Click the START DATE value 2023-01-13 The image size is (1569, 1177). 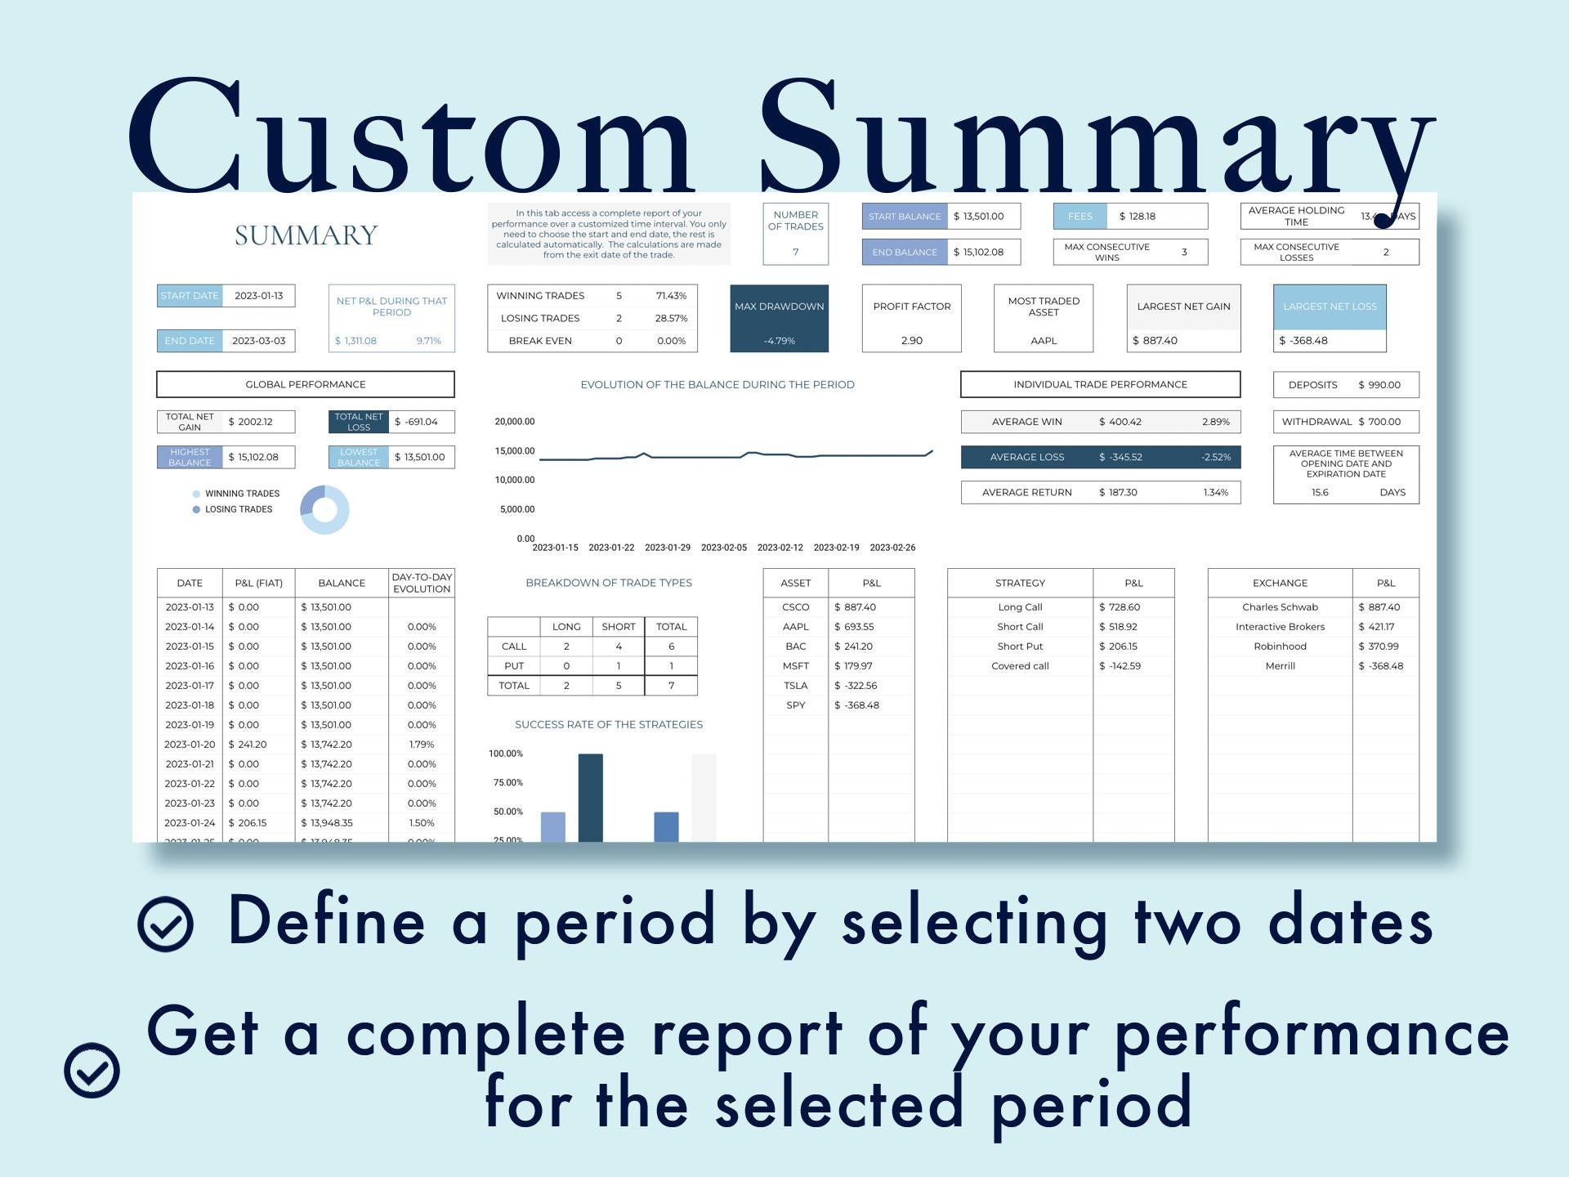click(x=258, y=296)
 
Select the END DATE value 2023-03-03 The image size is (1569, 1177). click(x=258, y=341)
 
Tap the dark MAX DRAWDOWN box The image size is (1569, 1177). click(x=779, y=318)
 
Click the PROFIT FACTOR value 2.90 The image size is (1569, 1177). click(x=911, y=341)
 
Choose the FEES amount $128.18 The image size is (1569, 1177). click(x=1137, y=217)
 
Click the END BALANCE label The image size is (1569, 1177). click(x=904, y=253)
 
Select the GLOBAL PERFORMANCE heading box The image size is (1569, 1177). click(x=305, y=384)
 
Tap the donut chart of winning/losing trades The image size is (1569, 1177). click(x=324, y=510)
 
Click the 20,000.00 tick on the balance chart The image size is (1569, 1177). click(x=514, y=422)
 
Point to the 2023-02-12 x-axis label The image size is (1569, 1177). click(x=780, y=548)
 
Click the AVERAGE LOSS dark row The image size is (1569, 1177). click(x=1100, y=457)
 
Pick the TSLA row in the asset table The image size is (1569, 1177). click(x=795, y=686)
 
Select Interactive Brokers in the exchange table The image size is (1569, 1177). click(x=1280, y=627)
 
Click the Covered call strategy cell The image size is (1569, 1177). click(x=1019, y=666)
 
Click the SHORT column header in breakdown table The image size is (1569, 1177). click(x=618, y=627)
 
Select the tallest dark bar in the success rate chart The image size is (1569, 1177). click(x=590, y=797)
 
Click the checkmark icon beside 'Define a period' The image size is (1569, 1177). click(x=166, y=924)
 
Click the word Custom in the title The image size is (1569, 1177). click(x=409, y=139)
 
